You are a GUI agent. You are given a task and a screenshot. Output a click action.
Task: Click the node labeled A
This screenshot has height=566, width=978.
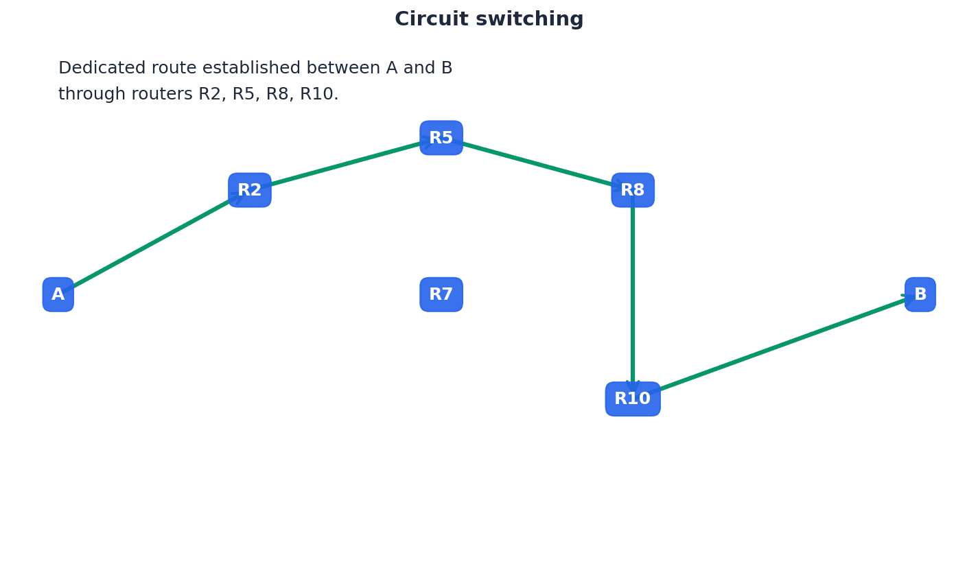click(58, 294)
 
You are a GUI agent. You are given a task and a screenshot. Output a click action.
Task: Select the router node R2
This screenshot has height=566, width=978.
click(250, 190)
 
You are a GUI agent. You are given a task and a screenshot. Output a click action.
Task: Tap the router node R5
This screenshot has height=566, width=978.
click(441, 138)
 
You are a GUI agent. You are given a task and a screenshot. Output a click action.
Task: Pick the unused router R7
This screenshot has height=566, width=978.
click(441, 294)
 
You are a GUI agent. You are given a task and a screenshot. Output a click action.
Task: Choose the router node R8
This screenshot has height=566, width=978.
click(633, 190)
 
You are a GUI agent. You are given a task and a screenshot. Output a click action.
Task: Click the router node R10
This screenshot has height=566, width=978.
click(633, 399)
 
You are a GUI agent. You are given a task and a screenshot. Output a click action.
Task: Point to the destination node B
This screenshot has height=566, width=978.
click(920, 294)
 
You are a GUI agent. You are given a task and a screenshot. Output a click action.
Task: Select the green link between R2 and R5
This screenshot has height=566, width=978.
click(345, 164)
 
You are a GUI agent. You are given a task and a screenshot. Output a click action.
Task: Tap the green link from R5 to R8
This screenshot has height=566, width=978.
click(537, 164)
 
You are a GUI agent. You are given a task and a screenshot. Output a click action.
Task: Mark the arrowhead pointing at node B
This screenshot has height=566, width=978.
click(908, 297)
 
